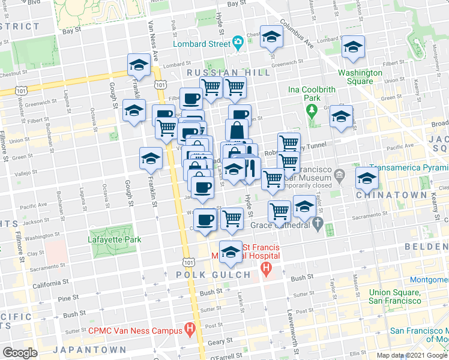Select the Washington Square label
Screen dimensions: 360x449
(x=360, y=77)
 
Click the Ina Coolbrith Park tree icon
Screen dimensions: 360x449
(x=312, y=110)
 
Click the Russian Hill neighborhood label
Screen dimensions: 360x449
(x=228, y=72)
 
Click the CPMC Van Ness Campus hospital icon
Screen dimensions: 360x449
(x=190, y=329)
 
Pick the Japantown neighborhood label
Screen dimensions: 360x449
(x=89, y=350)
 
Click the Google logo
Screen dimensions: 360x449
(x=20, y=353)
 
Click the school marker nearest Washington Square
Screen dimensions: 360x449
(x=353, y=46)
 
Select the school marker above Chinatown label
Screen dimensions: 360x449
(x=367, y=177)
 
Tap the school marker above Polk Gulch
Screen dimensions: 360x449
(x=229, y=252)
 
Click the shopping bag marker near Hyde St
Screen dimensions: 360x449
(x=237, y=130)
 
